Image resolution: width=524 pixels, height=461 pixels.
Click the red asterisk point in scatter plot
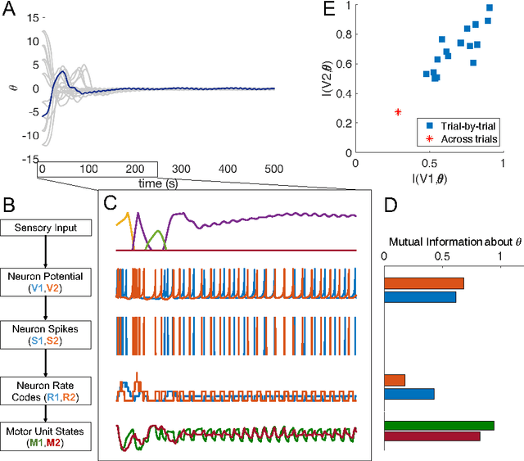[x=398, y=111]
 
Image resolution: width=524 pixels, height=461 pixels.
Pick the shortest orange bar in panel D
[x=395, y=380]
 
